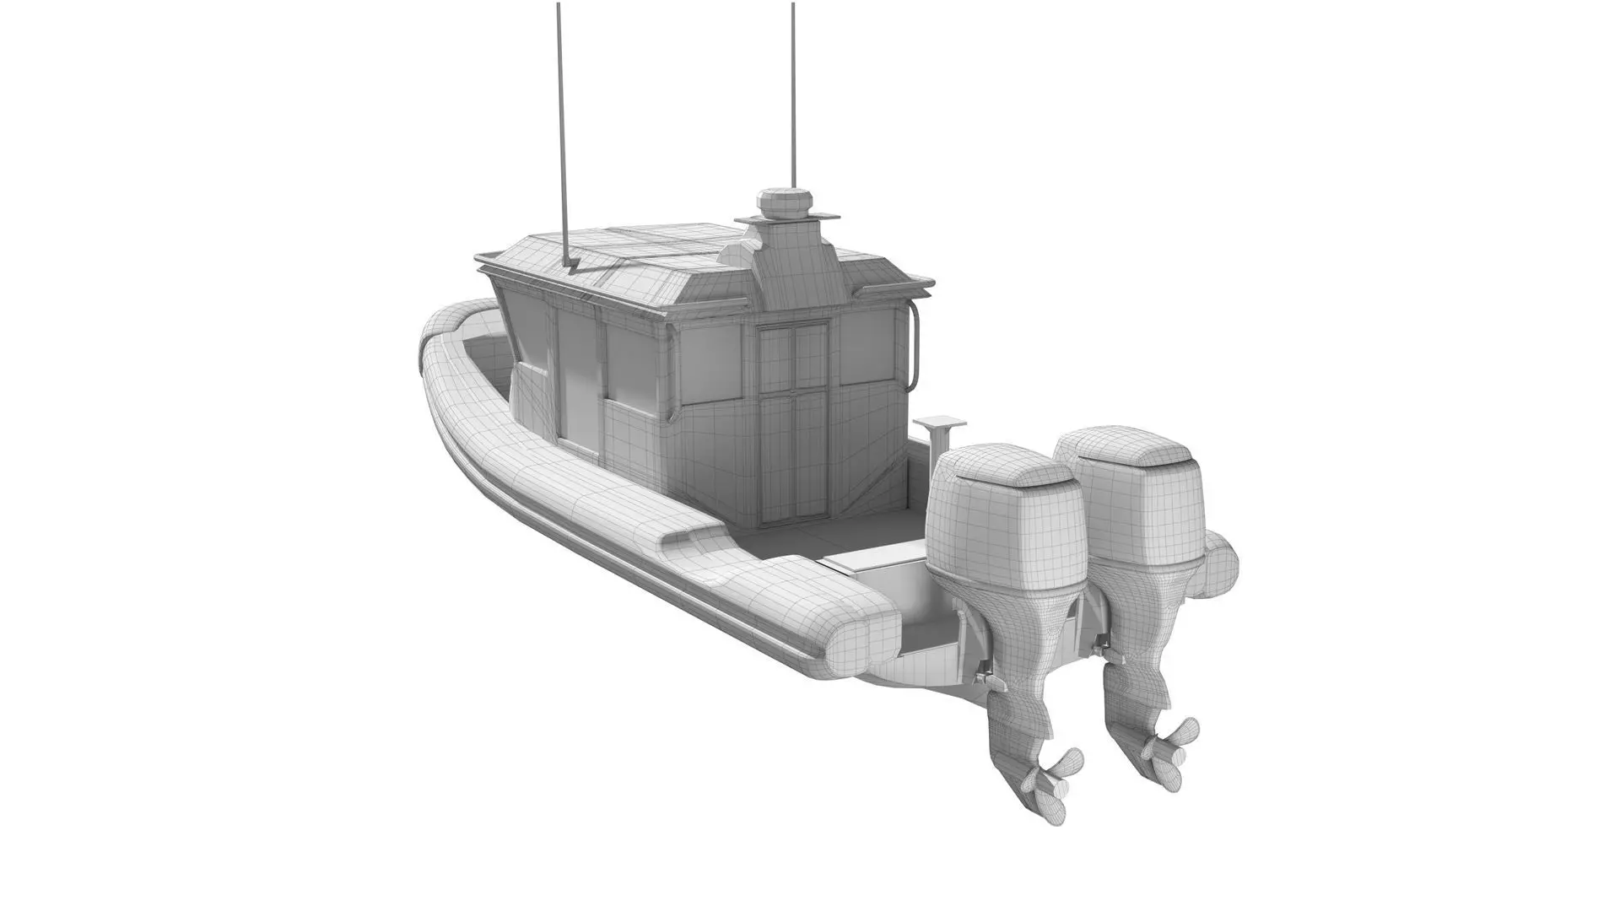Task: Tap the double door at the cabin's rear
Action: [792, 422]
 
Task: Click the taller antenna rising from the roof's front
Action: [560, 127]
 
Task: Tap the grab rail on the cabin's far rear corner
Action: [914, 342]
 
